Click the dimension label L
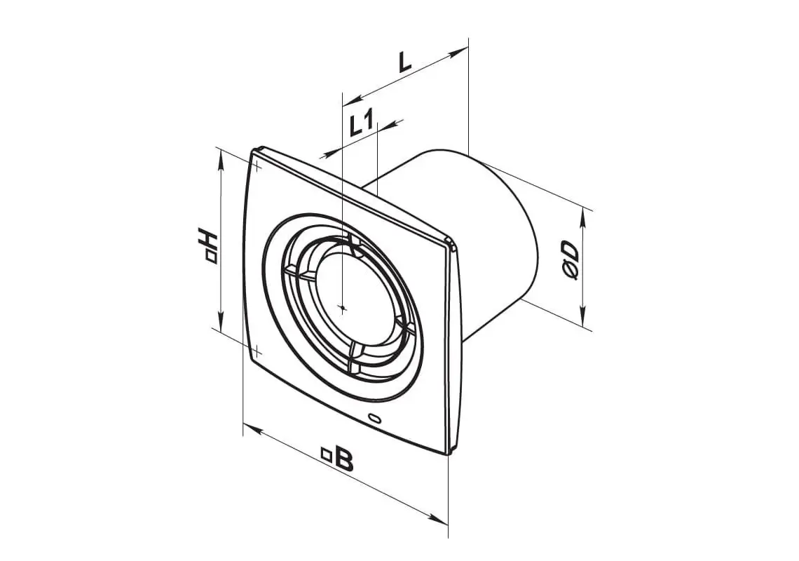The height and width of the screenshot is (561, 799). coord(404,62)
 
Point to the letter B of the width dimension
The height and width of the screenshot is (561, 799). coord(344,461)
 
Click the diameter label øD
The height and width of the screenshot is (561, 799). coord(571,260)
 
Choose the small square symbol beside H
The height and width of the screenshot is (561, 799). coord(211,258)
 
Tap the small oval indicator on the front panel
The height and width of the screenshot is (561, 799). coord(376,418)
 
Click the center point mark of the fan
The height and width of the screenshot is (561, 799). coord(343,306)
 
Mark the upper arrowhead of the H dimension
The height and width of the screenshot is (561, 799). coord(220,161)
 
